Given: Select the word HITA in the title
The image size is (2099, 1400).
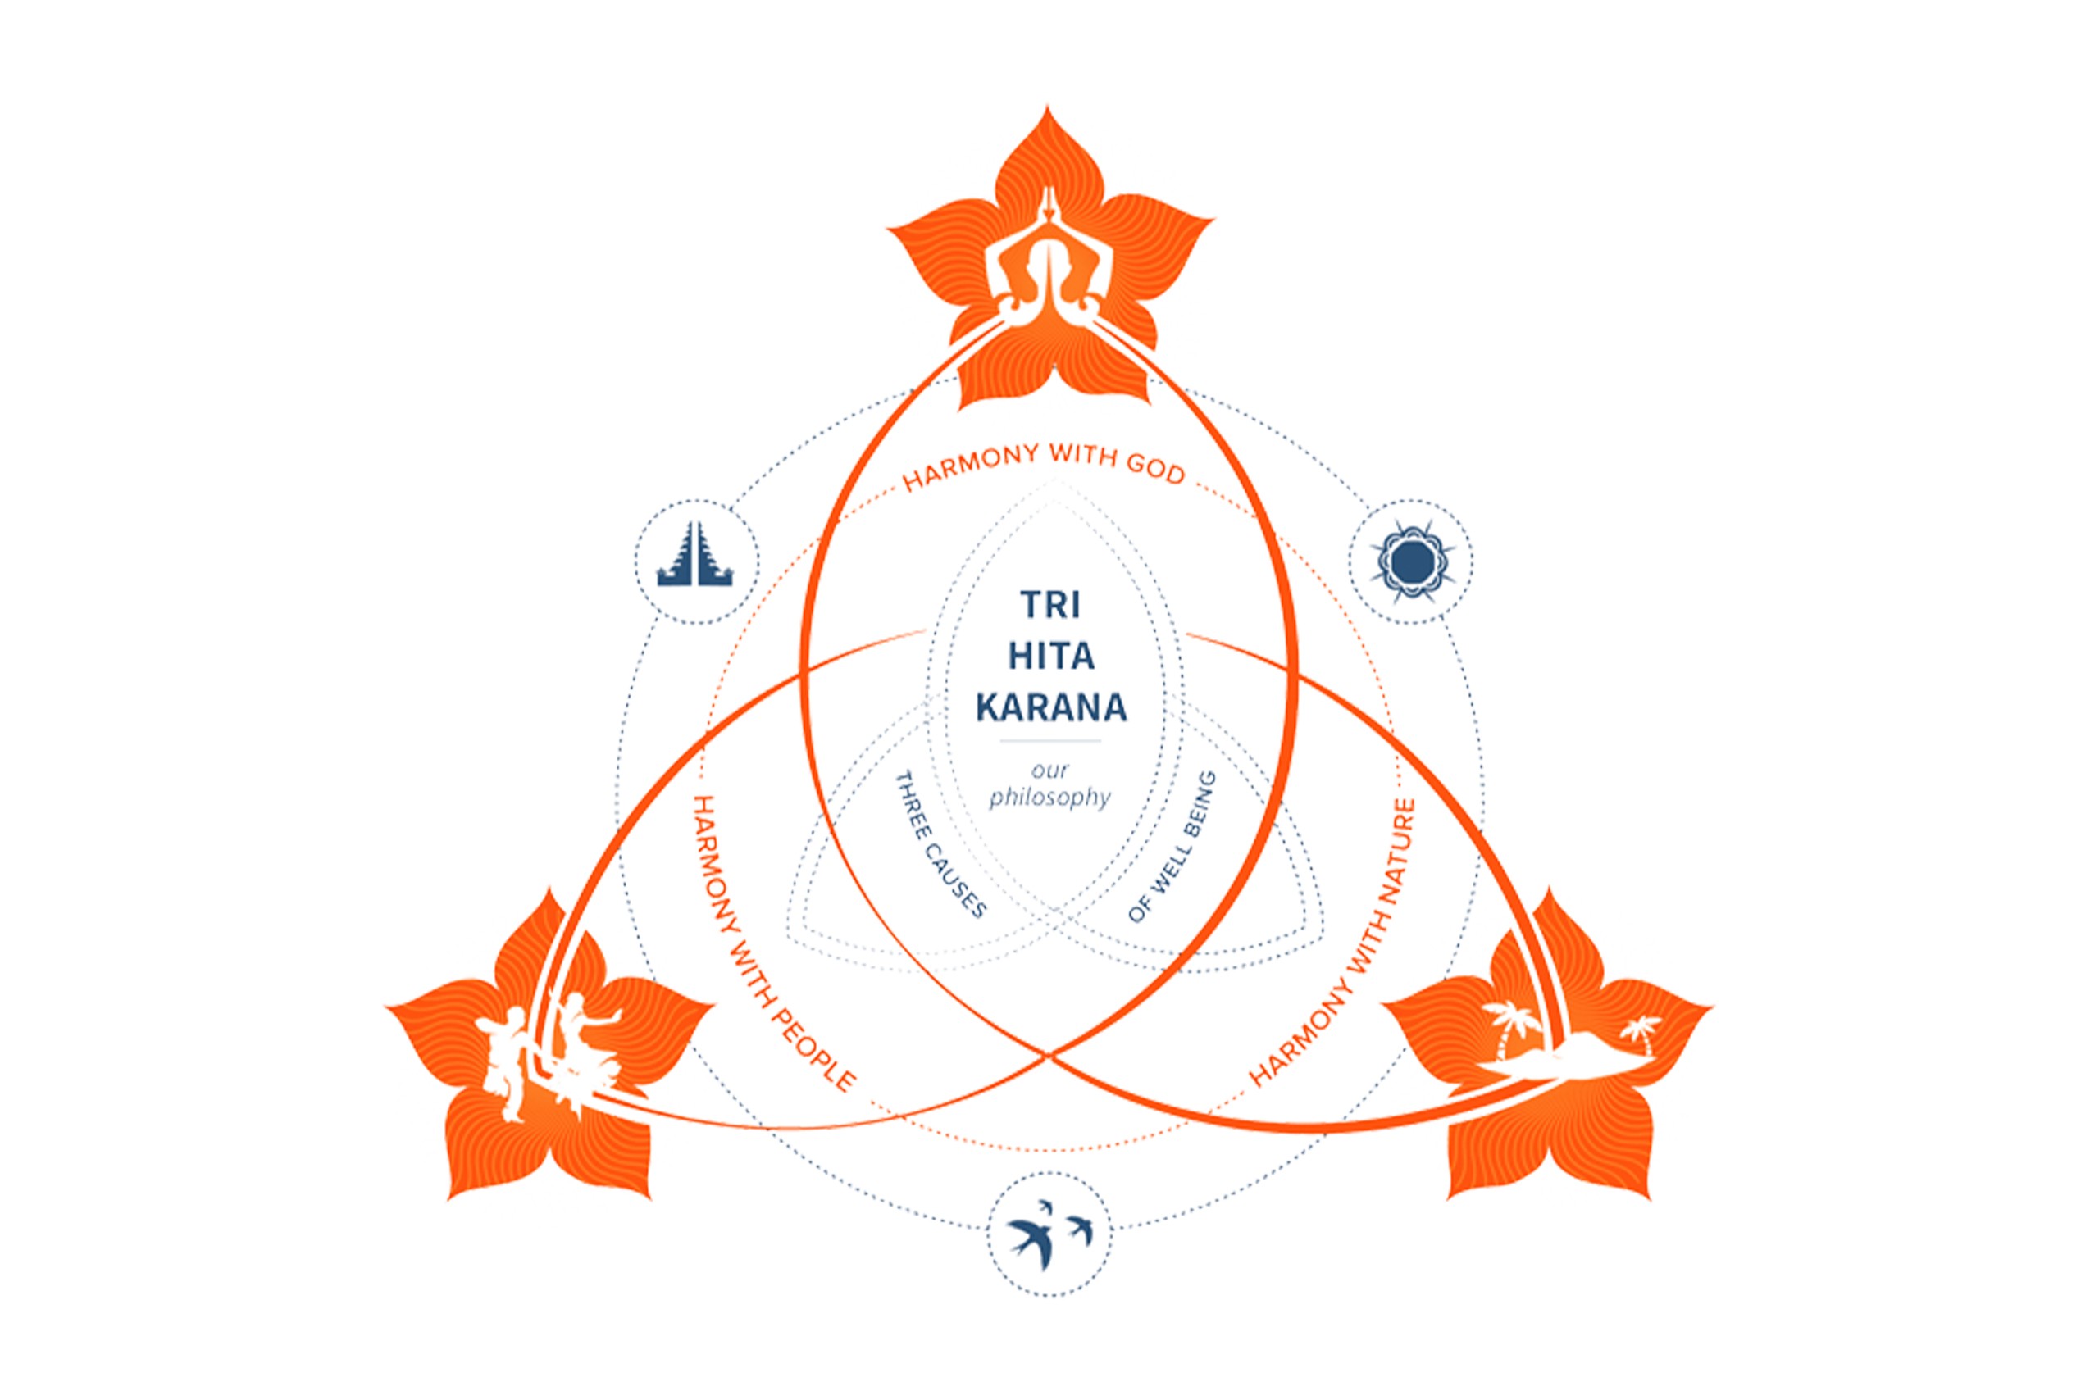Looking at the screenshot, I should [1050, 657].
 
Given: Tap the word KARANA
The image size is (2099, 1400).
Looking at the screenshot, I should [1050, 709].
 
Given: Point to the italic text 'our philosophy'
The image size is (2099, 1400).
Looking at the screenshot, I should [1049, 784].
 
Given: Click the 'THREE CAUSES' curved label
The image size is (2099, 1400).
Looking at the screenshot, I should [940, 844].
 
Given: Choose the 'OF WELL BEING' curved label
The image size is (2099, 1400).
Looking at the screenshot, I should [1172, 847].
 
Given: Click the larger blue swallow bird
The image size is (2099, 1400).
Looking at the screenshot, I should [1032, 1238].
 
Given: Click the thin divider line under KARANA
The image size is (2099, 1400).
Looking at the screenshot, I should [1050, 741].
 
